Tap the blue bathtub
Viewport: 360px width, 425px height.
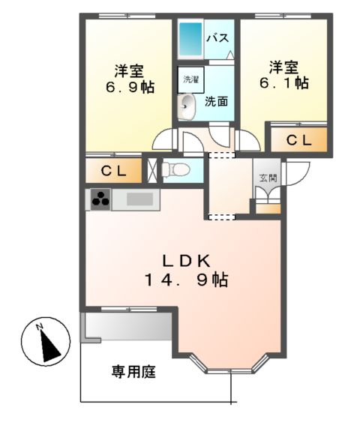click(190, 37)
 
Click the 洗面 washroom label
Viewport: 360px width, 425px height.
click(217, 101)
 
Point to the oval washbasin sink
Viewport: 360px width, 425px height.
click(186, 106)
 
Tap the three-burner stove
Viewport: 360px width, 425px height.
click(100, 199)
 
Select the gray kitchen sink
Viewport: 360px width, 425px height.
click(139, 199)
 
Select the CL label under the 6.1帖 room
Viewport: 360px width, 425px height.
click(298, 139)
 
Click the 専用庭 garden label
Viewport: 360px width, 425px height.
click(134, 371)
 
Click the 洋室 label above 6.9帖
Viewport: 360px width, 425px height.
click(129, 70)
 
